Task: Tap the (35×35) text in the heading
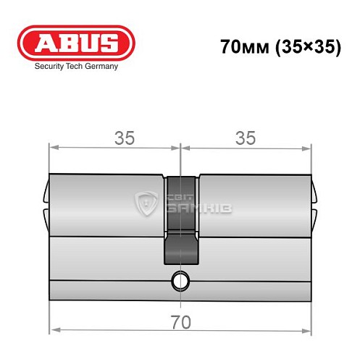[302, 46]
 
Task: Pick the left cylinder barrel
[107, 206]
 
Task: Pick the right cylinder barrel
[254, 206]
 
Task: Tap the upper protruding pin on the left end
[46, 193]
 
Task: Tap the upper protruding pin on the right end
[315, 193]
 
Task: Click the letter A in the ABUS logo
[46, 41]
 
